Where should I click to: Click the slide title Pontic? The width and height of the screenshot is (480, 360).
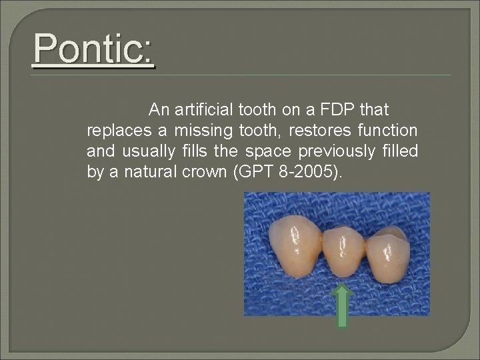pos(93,50)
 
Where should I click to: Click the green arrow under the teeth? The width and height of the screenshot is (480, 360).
pos(342,305)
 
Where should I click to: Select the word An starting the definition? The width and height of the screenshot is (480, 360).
pos(159,109)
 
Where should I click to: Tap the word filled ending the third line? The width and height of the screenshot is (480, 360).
pos(402,151)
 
